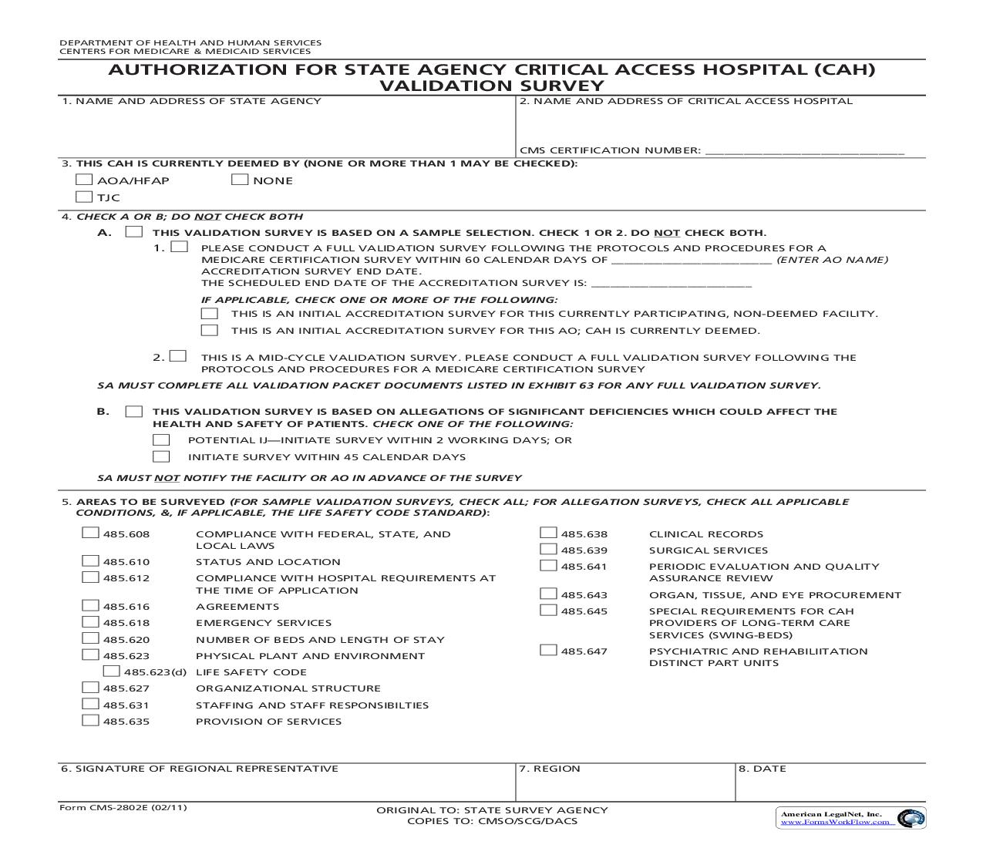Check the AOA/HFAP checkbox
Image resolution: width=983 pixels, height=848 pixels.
coord(84,180)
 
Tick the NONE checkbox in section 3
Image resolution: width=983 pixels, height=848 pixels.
coord(240,180)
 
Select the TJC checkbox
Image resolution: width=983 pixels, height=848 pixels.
coord(84,197)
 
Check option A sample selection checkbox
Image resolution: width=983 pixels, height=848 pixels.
coord(134,232)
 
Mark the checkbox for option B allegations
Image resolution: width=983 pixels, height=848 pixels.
coord(134,411)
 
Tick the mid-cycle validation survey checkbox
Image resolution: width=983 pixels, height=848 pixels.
coord(179,356)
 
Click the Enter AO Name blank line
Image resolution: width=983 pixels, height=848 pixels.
coord(692,261)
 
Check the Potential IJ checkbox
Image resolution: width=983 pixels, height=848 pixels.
coord(161,439)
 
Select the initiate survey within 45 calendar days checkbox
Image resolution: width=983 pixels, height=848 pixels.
coord(161,456)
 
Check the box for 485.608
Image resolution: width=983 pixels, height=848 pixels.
coord(91,533)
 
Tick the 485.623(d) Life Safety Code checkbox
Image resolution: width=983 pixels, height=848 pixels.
coord(112,671)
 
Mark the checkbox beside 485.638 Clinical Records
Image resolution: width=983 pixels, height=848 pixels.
coord(548,533)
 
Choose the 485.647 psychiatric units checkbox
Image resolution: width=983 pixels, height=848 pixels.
coord(548,650)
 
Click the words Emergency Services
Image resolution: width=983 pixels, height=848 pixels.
coord(263,623)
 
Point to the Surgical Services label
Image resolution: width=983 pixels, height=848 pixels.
coord(708,550)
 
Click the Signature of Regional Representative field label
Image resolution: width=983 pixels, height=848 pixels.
coord(200,769)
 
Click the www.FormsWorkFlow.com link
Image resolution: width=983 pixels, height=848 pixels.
coord(837,822)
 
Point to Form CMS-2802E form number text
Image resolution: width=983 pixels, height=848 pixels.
coord(123,807)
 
